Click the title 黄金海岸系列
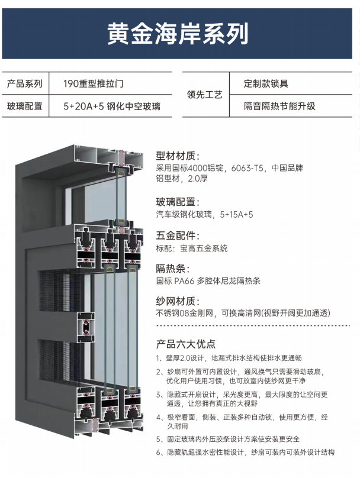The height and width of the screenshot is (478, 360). click(178, 34)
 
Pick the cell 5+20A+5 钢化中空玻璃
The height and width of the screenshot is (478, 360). click(112, 106)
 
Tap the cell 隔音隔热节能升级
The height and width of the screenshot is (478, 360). click(279, 106)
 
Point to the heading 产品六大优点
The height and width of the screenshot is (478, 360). click(185, 344)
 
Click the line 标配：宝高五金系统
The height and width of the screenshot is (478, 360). click(191, 248)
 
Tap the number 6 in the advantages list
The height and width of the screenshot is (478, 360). click(159, 452)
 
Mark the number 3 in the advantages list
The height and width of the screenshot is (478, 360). click(159, 395)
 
